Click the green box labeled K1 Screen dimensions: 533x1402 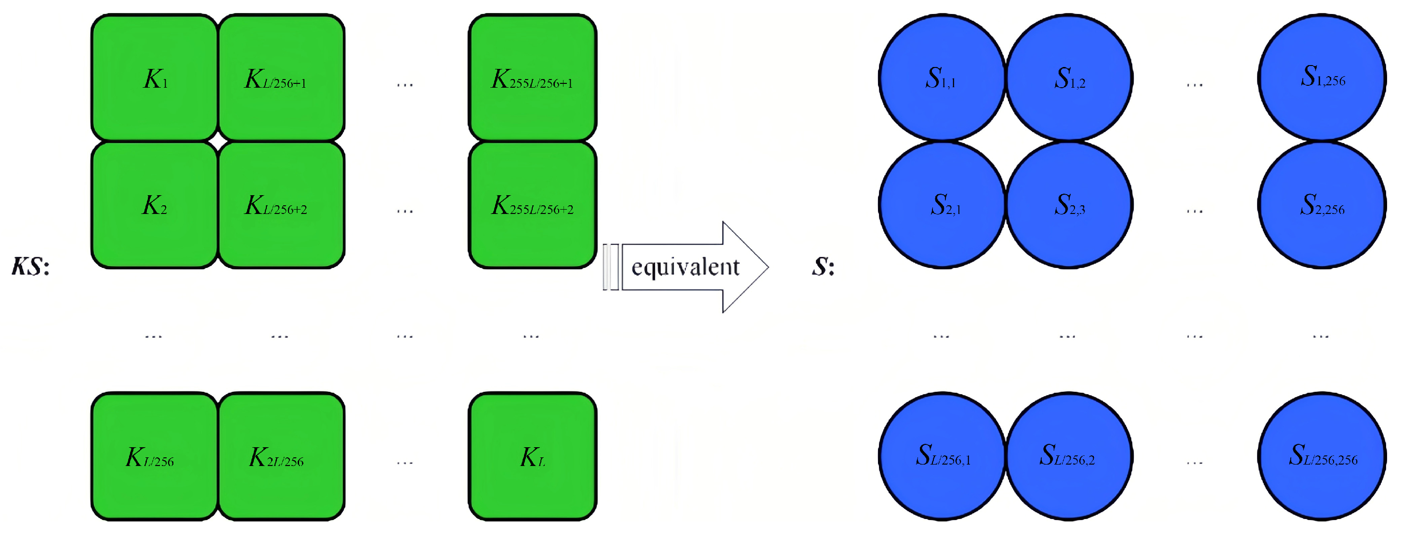(x=155, y=78)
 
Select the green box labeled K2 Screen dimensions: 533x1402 (x=155, y=205)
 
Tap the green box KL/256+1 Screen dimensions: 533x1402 (x=281, y=78)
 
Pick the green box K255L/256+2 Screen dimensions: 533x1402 (x=532, y=205)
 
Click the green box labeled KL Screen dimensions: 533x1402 (x=532, y=456)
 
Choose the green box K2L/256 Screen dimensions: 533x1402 (x=281, y=456)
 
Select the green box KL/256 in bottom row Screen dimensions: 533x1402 (x=155, y=456)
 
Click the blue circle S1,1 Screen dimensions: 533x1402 (x=942, y=78)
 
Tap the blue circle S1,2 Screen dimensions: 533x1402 (x=1069, y=78)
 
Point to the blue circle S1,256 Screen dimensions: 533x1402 (x=1322, y=78)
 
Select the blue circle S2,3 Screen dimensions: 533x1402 (x=1069, y=205)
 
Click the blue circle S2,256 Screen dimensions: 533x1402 (x=1322, y=205)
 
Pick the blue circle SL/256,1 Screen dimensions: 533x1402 (x=942, y=456)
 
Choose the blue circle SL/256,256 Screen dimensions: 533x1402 (x=1322, y=456)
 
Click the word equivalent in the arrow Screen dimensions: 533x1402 (x=685, y=267)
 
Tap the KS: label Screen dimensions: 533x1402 (x=30, y=267)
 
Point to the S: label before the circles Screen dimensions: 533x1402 (x=823, y=267)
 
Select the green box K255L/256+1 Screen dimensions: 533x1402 (x=532, y=78)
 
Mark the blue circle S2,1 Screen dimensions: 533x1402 (x=942, y=205)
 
